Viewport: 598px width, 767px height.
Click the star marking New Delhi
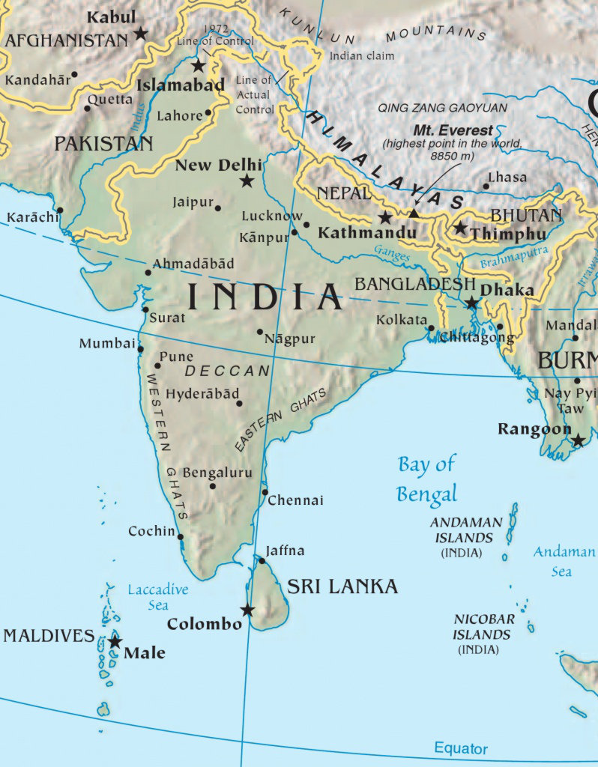247,181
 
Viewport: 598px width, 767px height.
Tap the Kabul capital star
140,32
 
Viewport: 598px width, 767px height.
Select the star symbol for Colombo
247,610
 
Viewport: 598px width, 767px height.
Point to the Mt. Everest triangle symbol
414,213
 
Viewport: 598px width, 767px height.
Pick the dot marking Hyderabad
239,404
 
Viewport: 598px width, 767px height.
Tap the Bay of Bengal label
426,479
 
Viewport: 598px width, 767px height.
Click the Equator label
460,748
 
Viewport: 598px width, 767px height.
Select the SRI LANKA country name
342,586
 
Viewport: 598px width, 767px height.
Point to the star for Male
115,642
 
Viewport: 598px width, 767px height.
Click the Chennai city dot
265,492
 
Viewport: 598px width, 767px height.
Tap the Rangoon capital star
578,440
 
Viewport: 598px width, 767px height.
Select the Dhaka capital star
471,303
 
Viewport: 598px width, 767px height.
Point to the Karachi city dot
60,210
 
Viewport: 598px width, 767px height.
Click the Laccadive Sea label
157,597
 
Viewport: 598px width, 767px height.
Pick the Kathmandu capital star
385,218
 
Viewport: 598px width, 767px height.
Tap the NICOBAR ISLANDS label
484,627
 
